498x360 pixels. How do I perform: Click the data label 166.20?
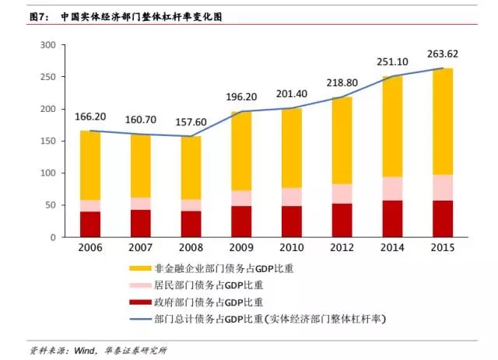(90, 117)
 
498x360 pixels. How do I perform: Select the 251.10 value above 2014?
(392, 62)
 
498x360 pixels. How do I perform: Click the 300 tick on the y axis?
(47, 45)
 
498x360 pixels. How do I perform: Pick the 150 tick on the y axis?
(47, 141)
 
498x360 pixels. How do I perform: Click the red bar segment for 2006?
(90, 223)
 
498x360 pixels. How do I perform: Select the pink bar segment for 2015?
(443, 187)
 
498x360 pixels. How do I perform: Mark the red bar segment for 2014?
(392, 218)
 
